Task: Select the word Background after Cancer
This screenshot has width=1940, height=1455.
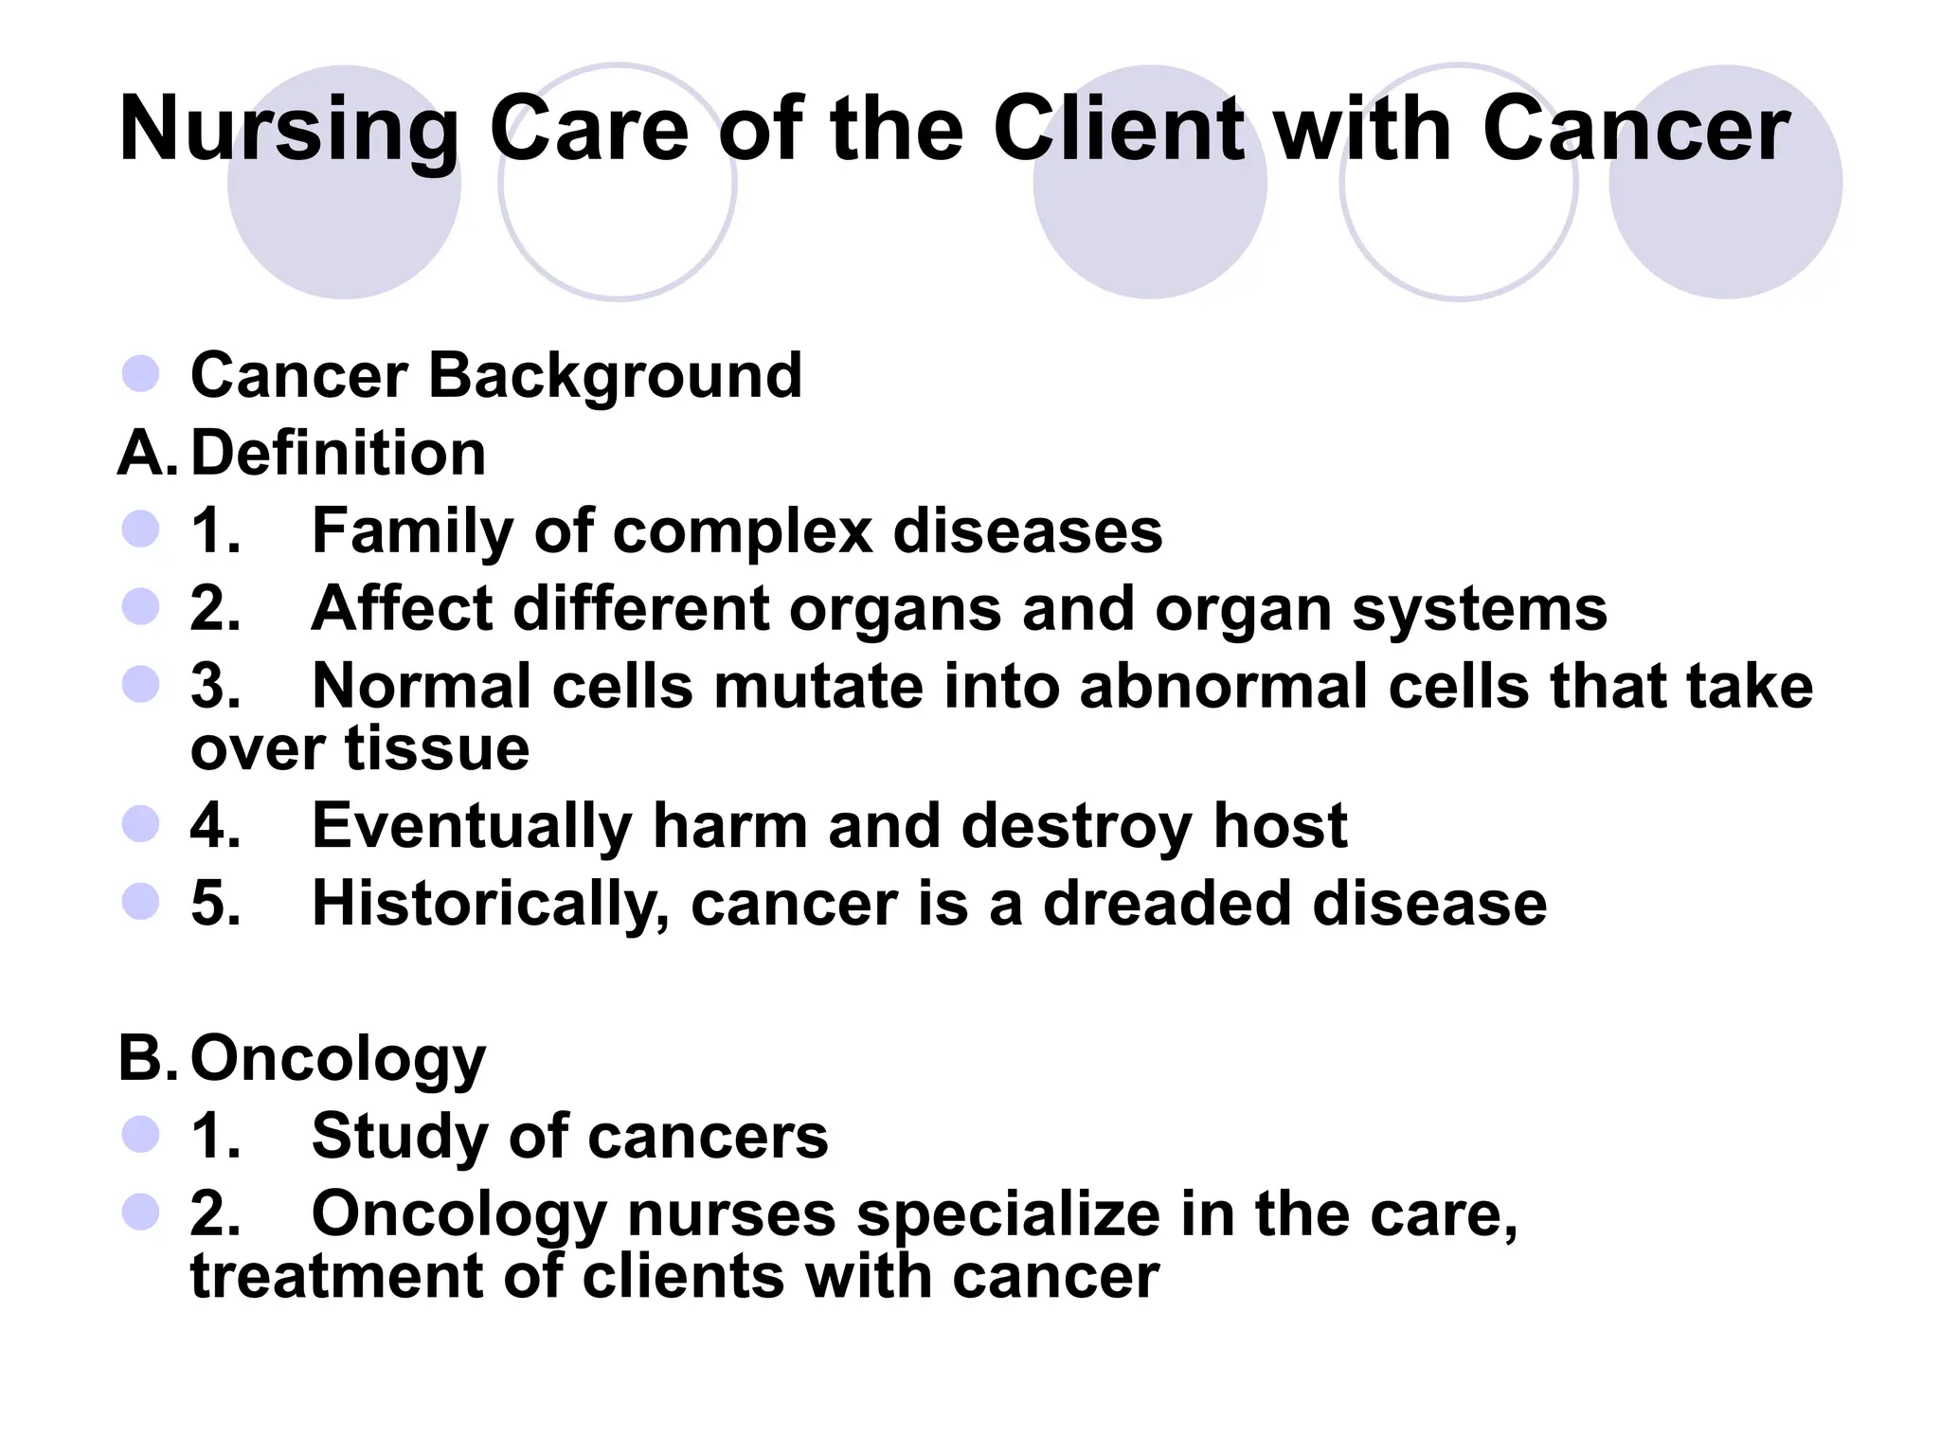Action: [616, 376]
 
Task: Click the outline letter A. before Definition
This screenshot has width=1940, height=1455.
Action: [147, 453]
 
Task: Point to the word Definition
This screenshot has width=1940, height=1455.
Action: [338, 453]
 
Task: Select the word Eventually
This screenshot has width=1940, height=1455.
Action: [472, 826]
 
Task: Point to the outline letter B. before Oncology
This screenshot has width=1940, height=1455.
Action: [147, 1058]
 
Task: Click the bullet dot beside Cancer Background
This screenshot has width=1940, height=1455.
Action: [140, 374]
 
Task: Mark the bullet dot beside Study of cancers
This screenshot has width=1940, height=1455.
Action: [140, 1135]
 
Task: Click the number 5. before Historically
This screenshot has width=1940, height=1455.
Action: [216, 904]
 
